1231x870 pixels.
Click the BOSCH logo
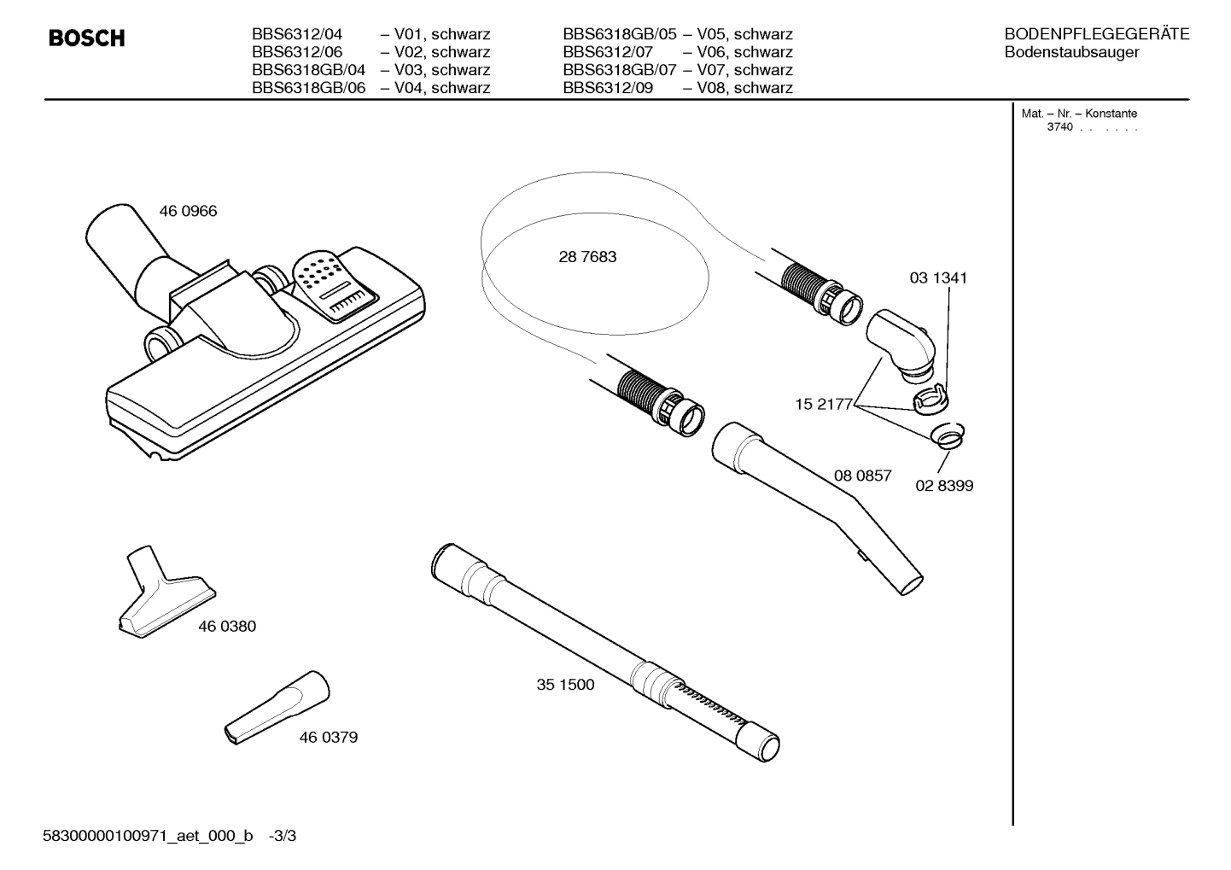pos(86,38)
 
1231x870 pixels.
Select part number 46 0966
pos(188,211)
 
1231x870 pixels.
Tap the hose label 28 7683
pos(587,256)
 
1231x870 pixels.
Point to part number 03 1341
pos(938,277)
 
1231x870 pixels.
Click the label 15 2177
pos(823,404)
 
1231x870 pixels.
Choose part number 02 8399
pos(944,485)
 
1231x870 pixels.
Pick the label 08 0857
pos(862,476)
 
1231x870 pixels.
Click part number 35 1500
pos(565,684)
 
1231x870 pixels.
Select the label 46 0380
pos(227,626)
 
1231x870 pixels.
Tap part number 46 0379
pos(328,737)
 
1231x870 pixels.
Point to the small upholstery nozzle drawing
pos(165,594)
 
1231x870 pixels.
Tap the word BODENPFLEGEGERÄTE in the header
pos(1096,34)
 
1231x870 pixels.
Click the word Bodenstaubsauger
pos(1071,52)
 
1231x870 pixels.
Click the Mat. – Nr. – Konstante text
pos(1079,114)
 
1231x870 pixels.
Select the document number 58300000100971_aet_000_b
pos(148,836)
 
